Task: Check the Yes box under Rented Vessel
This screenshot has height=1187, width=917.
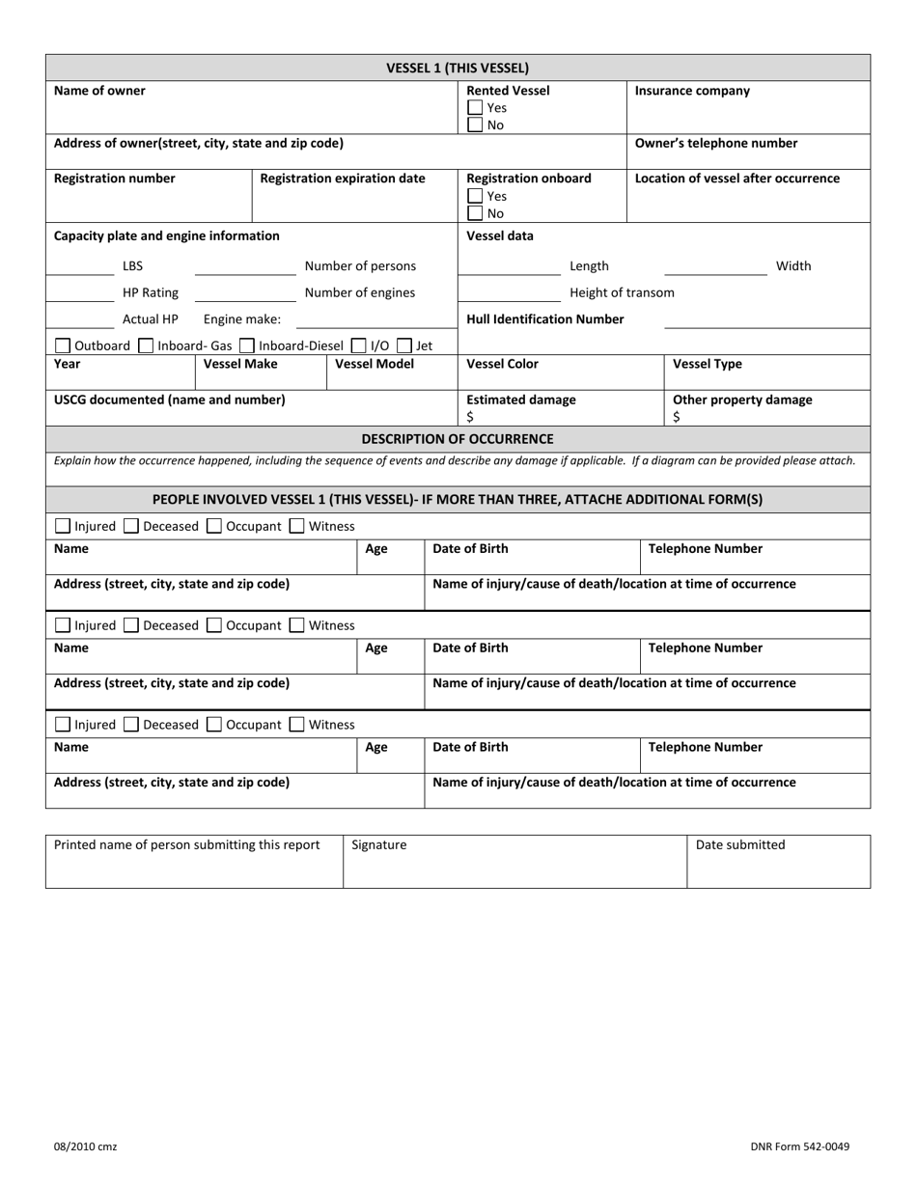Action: point(475,109)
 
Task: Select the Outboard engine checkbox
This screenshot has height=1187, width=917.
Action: point(63,345)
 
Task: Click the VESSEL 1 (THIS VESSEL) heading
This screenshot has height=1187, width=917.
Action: point(458,68)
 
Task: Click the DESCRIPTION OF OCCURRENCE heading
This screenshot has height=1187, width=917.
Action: point(458,439)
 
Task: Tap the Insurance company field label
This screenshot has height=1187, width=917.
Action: point(692,91)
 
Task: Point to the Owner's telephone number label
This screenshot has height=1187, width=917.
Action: point(716,143)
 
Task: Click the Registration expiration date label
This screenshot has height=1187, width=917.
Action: point(343,179)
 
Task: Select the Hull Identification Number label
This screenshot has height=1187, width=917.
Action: point(545,318)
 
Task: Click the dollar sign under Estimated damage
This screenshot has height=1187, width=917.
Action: point(470,417)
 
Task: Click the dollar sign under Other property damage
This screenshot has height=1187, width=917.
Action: point(677,417)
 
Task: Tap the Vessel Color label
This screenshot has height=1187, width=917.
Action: point(502,364)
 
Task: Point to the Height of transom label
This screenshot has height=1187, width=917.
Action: point(622,292)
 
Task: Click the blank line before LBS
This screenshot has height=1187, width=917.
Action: point(80,273)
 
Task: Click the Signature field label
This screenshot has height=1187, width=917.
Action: point(379,844)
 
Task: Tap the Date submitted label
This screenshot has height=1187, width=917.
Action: point(740,844)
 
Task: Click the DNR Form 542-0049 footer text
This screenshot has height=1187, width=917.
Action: point(799,1146)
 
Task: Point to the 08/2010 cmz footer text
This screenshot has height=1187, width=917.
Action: point(85,1146)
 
